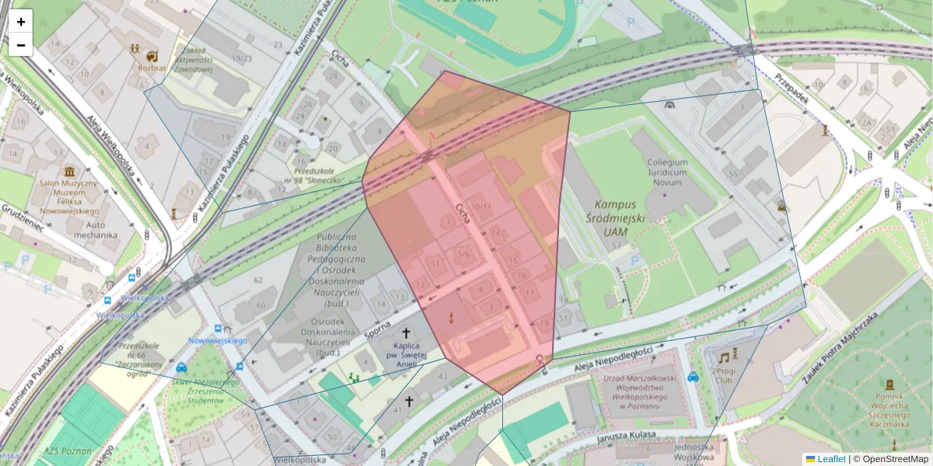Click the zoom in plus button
coord(20,22)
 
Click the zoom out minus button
coord(20,45)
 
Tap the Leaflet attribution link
coord(831,459)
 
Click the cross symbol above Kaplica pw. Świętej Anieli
coord(406,332)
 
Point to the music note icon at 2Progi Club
coord(724,357)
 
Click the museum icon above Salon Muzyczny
coord(70,171)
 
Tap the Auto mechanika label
coord(90,229)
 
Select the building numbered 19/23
coord(241,58)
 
